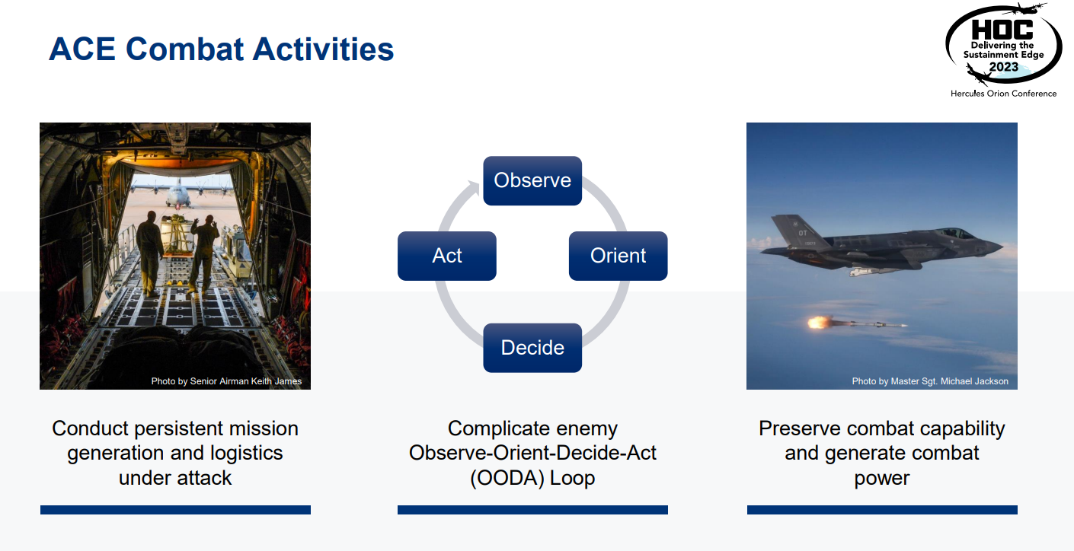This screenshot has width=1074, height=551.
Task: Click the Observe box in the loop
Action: coord(532,180)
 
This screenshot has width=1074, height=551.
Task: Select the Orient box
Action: coord(618,256)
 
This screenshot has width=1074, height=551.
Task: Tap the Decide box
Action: coord(532,348)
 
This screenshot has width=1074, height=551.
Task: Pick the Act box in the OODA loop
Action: coord(447,256)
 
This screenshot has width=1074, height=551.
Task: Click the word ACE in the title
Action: coord(82,49)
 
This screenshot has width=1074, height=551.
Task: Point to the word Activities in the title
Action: coord(323,49)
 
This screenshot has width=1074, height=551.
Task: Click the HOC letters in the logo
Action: coord(1002,30)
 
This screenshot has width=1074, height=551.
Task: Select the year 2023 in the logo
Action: coord(1004,67)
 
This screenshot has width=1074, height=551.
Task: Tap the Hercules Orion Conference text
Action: coord(1003,94)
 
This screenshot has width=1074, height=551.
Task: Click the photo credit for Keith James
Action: coord(226,381)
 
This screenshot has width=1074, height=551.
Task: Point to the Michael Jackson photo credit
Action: coord(930,381)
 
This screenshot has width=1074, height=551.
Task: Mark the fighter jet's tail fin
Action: coord(795,231)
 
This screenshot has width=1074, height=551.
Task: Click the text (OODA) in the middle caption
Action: coord(507,478)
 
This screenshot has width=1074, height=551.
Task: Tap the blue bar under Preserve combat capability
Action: coord(882,510)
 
